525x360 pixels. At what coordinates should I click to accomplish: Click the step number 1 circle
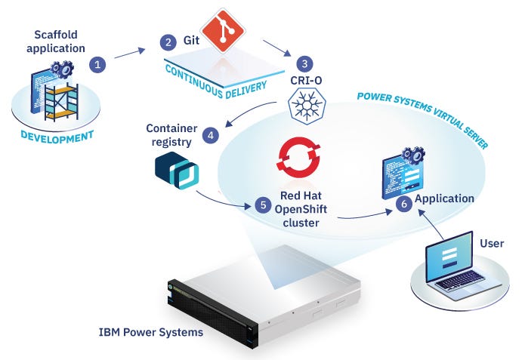point(97,65)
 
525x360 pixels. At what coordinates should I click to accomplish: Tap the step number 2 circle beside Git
point(168,42)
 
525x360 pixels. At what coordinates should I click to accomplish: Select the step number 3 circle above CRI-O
point(304,63)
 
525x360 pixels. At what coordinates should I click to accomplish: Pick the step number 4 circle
point(212,136)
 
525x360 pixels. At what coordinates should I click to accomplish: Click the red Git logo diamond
point(223,29)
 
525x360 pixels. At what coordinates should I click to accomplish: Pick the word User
point(491,243)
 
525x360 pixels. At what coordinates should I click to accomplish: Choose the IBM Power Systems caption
point(151,331)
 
